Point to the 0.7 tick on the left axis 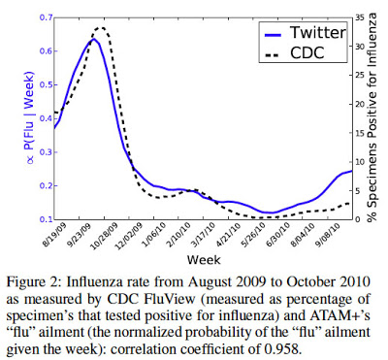click(x=43, y=18)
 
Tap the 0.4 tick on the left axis click(x=43, y=119)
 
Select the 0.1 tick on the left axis click(x=43, y=220)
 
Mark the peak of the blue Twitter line click(x=93, y=40)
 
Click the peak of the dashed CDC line click(x=102, y=30)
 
